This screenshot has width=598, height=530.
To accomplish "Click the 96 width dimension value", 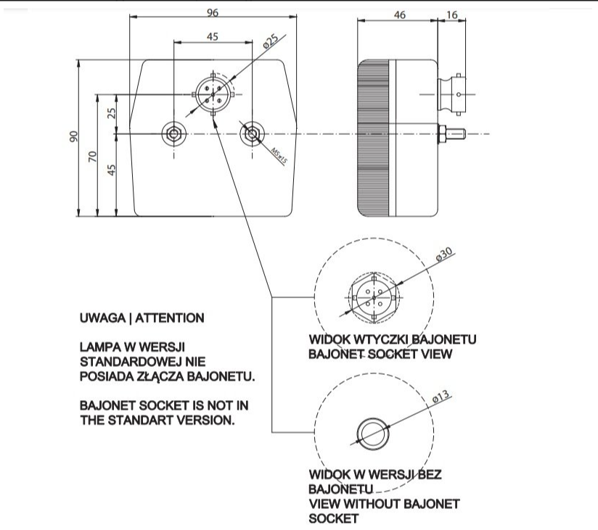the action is [213, 13].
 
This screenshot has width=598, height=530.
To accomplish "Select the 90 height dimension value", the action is [73, 136].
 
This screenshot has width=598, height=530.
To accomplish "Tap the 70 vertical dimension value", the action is [93, 157].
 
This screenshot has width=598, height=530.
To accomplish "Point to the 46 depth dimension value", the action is [399, 15].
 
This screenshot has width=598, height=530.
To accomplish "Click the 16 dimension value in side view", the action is [451, 15].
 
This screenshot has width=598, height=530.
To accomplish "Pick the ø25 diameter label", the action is [271, 41].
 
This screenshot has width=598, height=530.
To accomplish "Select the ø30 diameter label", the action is [443, 254].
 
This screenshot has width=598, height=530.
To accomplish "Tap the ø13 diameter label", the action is [441, 397].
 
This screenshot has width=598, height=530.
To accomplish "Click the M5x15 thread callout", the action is [279, 156].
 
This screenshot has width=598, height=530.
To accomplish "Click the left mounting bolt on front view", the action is [174, 133].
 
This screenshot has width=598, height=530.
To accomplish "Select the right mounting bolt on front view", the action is [251, 133].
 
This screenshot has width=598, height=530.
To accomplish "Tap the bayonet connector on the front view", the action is [213, 94].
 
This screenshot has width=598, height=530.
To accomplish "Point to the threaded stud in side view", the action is [452, 133].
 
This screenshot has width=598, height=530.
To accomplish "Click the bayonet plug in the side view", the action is [451, 94].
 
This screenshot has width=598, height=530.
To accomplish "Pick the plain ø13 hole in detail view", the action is [373, 434].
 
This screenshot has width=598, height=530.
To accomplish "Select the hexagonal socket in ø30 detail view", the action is [374, 297].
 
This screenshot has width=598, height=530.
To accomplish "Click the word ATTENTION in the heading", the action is [170, 318].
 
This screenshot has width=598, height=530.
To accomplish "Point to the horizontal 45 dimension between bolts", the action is [213, 36].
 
